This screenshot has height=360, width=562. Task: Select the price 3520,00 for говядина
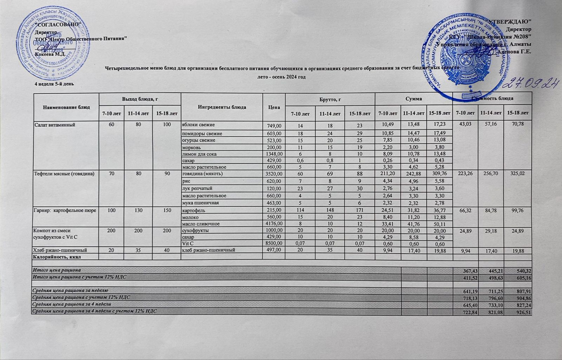tap(272, 174)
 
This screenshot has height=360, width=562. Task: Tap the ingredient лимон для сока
tap(199, 154)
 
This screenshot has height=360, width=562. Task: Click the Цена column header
tap(274, 107)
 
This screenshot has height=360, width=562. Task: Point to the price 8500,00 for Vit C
tap(272, 244)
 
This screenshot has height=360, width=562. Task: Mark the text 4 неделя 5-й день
tap(54, 84)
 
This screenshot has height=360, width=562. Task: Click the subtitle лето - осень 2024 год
tap(280, 77)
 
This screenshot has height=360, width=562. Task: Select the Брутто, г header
tap(330, 100)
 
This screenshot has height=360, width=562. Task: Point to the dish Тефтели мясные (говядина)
tap(63, 174)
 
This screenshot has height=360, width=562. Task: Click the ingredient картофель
tap(193, 211)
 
